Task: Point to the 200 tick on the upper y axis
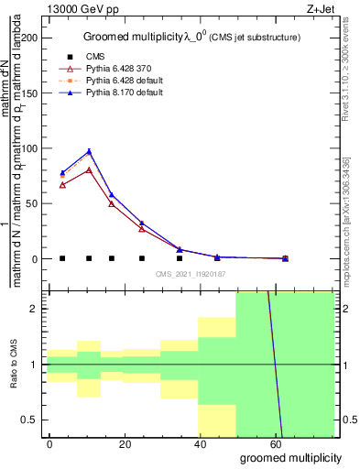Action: (x=30, y=38)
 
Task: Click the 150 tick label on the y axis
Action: (x=30, y=93)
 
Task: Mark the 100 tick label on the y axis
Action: (x=30, y=148)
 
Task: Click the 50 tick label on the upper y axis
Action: (x=33, y=203)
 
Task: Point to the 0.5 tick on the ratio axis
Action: (x=32, y=420)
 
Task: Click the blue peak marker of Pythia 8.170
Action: (x=89, y=151)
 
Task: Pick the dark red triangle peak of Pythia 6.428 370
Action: (x=89, y=170)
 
